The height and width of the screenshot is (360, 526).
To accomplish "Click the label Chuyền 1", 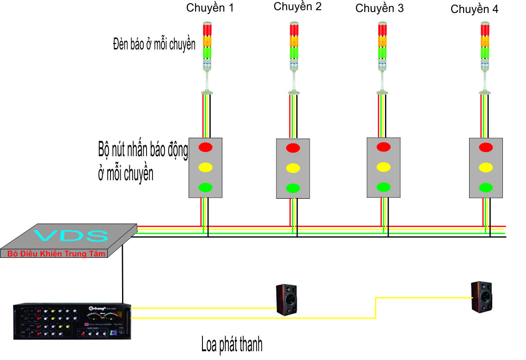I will tap(209, 8).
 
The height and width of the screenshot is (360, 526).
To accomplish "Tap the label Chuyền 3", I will tap(379, 8).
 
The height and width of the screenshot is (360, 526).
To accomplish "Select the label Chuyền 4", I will tap(474, 9).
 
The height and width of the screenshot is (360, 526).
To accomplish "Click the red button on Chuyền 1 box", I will tap(205, 147).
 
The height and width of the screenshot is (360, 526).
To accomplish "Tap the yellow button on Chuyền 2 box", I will tap(292, 168).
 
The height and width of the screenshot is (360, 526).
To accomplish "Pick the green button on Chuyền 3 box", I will tap(383, 187).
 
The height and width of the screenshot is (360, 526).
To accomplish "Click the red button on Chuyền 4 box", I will tap(485, 147).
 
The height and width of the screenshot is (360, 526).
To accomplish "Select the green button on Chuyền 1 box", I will tap(205, 187).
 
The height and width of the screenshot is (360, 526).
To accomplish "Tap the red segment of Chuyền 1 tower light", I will tap(207, 30).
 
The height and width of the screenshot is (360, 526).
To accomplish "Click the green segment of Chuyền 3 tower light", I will tap(382, 53).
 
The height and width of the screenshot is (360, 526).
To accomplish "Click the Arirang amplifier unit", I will tap(72, 321).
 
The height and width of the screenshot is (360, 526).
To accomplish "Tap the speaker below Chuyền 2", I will tap(287, 300).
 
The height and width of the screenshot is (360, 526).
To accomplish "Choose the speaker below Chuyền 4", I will tap(482, 297).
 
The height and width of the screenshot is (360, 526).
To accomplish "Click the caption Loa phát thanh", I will tap(232, 345).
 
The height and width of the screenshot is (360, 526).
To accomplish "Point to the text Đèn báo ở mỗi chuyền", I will tap(154, 44).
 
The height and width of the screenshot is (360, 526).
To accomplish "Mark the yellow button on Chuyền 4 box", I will tap(485, 167).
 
